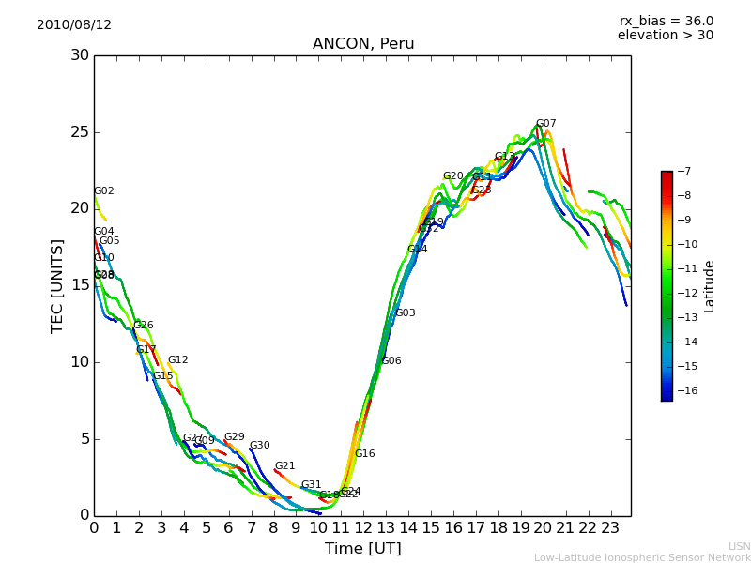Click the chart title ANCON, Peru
[363, 44]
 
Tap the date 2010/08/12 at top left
[74, 24]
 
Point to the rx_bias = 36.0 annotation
[666, 21]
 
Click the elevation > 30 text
[665, 36]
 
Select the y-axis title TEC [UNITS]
[58, 285]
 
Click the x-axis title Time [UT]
[362, 549]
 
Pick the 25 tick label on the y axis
[78, 131]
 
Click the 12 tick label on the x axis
[363, 527]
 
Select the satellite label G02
[103, 191]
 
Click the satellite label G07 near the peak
[545, 124]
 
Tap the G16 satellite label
[364, 454]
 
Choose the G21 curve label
[284, 466]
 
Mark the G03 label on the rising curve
[405, 313]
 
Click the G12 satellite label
[177, 360]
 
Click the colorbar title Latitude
[710, 286]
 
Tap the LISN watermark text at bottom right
[739, 546]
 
